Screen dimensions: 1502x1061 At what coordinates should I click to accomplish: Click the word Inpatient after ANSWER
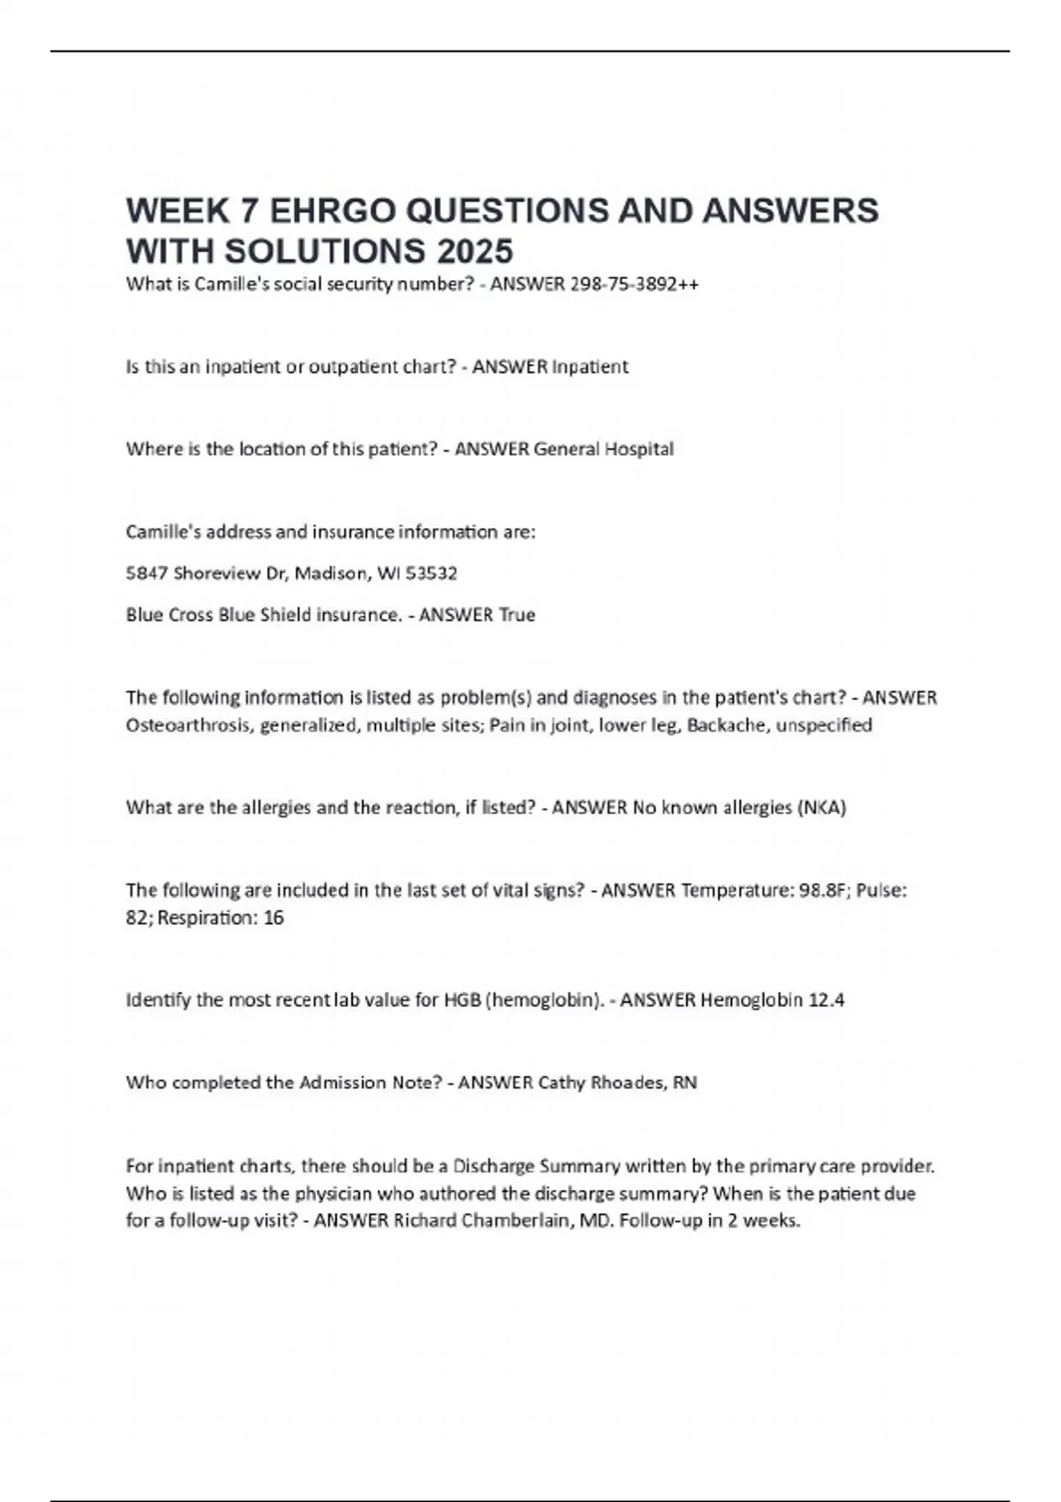pos(590,367)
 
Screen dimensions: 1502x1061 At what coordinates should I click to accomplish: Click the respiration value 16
pos(274,918)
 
